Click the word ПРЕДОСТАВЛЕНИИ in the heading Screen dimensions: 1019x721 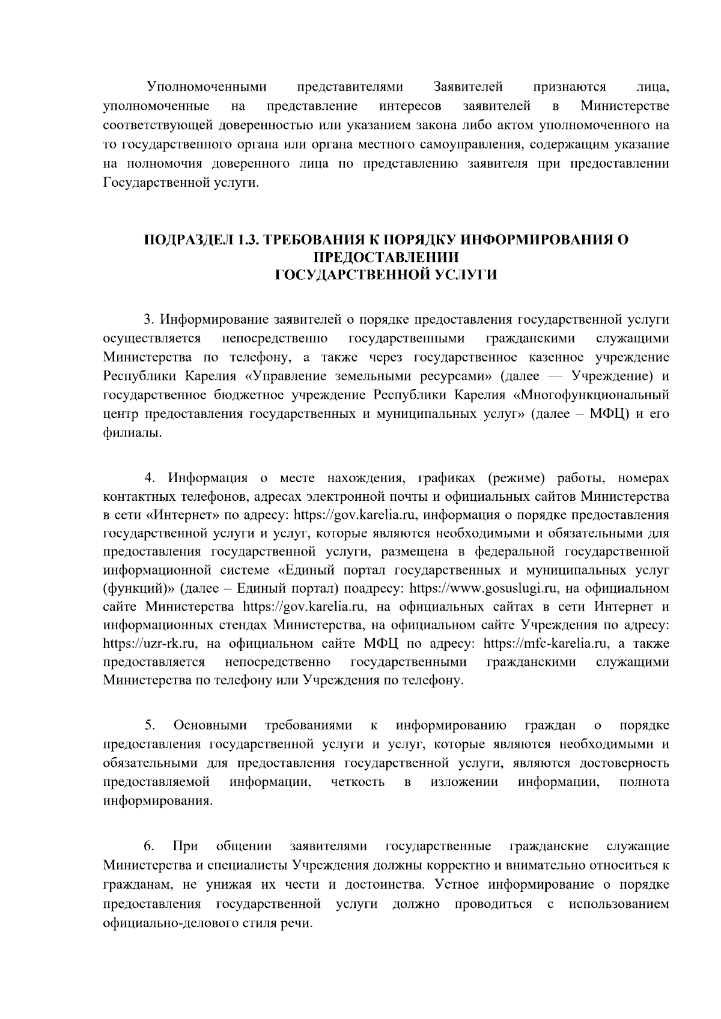[386, 258]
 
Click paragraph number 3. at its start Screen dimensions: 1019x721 [150, 321]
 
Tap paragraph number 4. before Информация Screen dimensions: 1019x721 [150, 478]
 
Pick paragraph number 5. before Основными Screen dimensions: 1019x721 [150, 726]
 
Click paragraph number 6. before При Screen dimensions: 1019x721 [150, 847]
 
